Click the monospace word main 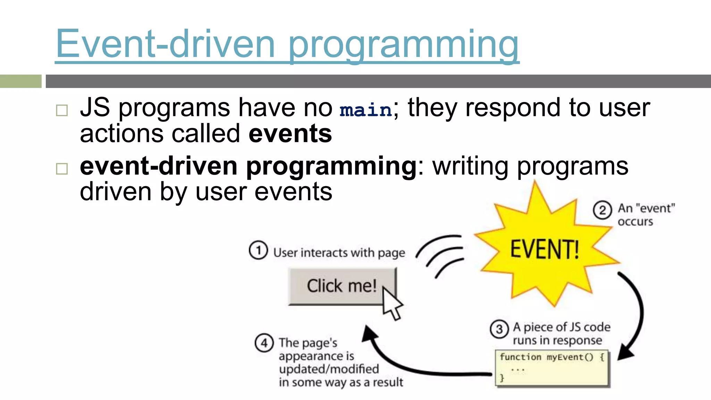(366, 110)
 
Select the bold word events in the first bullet (290, 134)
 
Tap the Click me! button (342, 286)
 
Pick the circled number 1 (258, 250)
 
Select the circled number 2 (602, 210)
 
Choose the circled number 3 (499, 329)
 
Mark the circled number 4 (264, 343)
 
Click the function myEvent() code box (552, 368)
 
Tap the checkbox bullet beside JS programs (62, 111)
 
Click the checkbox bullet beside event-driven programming (62, 169)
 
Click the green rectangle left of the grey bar (20, 81)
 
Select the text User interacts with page (339, 253)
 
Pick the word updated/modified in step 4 (329, 369)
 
